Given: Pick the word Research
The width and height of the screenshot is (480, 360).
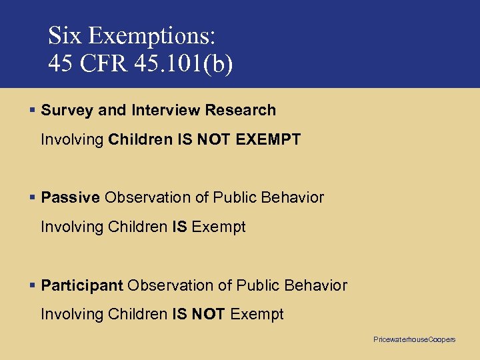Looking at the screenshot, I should [x=240, y=110].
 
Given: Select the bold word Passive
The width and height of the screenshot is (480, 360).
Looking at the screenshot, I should [x=71, y=197].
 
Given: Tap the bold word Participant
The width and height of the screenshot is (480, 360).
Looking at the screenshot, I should [x=82, y=286].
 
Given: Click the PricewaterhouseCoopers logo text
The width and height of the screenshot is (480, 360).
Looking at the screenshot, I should [x=414, y=340].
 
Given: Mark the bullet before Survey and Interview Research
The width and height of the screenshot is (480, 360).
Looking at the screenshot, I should [x=33, y=110].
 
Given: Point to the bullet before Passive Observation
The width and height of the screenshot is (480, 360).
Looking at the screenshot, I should [x=33, y=197].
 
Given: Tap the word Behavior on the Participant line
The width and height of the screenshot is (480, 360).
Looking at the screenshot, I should [x=315, y=286].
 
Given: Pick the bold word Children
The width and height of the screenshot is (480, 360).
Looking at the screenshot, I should [x=139, y=140].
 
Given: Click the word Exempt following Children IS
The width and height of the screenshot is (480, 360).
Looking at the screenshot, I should [x=219, y=227].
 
